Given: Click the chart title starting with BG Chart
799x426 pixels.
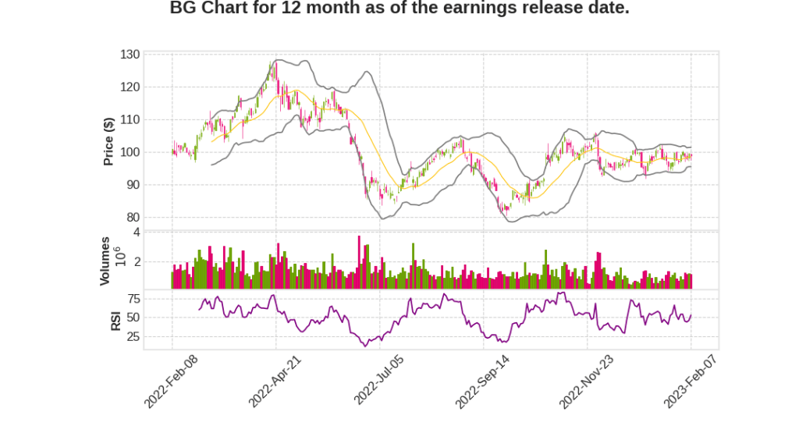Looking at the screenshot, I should pyautogui.click(x=399, y=9).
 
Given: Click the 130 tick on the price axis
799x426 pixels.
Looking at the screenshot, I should pyautogui.click(x=130, y=55).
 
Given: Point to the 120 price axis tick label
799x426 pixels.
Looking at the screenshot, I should pyautogui.click(x=130, y=87).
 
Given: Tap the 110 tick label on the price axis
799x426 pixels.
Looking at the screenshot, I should pyautogui.click(x=130, y=120).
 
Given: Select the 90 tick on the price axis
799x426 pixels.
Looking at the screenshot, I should pyautogui.click(x=133, y=185).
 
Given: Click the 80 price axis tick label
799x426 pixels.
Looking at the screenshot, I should pyautogui.click(x=133, y=218).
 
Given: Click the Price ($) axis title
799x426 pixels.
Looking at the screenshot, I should pyautogui.click(x=109, y=140).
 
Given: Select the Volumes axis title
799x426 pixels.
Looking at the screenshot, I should pyautogui.click(x=105, y=261).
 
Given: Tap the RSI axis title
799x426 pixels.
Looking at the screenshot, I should pyautogui.click(x=115, y=320).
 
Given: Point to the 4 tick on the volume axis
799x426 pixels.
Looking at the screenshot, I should pyautogui.click(x=137, y=232).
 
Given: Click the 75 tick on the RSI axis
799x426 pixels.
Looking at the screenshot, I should pyautogui.click(x=133, y=298).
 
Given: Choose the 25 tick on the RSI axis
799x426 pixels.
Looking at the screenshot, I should pyautogui.click(x=133, y=337).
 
